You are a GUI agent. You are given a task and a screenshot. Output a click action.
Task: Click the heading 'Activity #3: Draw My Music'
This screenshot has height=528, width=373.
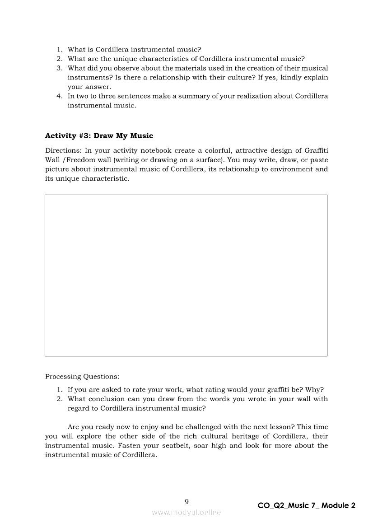coord(99,136)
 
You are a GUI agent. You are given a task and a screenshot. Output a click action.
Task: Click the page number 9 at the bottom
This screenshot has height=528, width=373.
coord(186,501)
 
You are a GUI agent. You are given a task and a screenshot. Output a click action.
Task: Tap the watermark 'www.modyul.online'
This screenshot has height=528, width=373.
coord(186,512)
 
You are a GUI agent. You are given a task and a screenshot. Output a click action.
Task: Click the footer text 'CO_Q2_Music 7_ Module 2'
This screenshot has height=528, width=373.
coord(306,505)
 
